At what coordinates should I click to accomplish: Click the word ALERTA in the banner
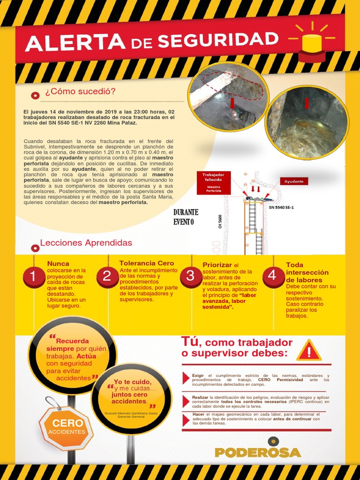[x=75, y=43]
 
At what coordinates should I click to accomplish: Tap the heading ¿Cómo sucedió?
[x=80, y=91]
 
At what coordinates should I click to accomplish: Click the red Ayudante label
[x=294, y=181]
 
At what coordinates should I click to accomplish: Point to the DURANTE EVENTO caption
[x=186, y=217]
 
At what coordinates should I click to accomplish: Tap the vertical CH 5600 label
[x=220, y=221]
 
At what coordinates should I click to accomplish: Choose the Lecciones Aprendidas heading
[x=86, y=243]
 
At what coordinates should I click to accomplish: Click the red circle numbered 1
[x=33, y=276]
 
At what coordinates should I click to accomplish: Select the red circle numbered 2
[x=107, y=276]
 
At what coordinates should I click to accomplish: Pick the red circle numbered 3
[x=190, y=276]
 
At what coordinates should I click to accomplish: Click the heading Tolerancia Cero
[x=147, y=263]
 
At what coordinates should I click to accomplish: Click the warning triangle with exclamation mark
[x=309, y=351]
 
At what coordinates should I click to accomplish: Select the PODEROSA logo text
[x=258, y=452]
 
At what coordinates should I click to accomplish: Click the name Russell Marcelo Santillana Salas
[x=131, y=413]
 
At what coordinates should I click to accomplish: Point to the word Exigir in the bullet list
[x=198, y=375]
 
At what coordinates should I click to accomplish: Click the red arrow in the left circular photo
[x=232, y=103]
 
